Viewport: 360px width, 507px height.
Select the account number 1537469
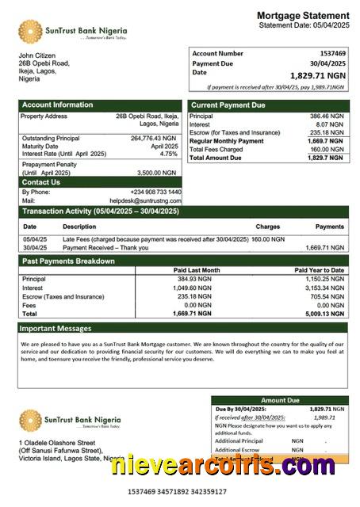[329, 53]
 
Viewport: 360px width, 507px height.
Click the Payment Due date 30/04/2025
[327, 63]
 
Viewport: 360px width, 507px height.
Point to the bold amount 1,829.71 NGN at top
[317, 75]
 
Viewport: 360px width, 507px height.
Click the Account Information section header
[57, 105]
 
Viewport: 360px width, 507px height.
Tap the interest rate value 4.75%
[169, 154]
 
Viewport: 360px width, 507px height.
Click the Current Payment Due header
[228, 105]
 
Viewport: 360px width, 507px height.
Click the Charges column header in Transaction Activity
[268, 227]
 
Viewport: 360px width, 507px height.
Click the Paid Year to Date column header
[320, 270]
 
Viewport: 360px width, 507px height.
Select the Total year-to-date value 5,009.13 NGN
[325, 313]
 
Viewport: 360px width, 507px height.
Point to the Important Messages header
[56, 327]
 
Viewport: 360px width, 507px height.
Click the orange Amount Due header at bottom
[279, 401]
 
